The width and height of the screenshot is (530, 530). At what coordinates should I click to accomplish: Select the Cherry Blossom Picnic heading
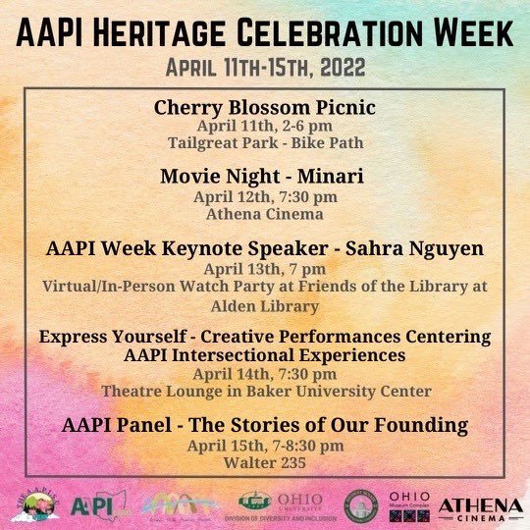pos(264,108)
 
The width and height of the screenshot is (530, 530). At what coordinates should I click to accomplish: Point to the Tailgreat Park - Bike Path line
pos(264,142)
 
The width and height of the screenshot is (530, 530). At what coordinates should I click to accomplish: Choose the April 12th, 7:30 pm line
pos(264,195)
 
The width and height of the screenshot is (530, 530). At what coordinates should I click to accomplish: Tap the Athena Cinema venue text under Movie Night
pos(264,211)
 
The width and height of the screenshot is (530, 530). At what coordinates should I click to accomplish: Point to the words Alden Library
pos(264,303)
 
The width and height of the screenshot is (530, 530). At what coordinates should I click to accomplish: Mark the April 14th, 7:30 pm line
pos(264,374)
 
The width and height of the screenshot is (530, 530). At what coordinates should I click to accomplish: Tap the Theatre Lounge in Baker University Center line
pos(264,391)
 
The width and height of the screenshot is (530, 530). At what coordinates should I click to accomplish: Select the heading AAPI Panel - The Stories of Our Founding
pos(264,425)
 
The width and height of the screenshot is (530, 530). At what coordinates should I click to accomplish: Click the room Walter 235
pos(264,460)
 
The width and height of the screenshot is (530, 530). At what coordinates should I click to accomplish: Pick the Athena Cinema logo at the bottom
pos(480,506)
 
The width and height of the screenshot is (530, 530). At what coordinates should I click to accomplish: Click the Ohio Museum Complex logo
pos(409,505)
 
